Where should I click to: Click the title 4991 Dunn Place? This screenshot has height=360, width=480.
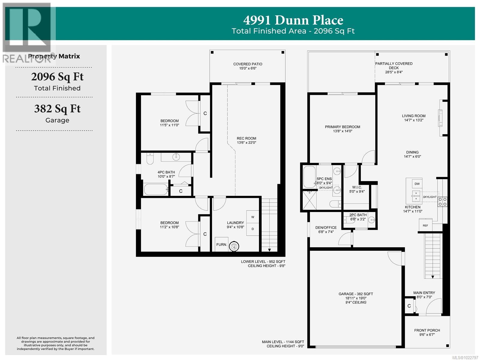(x=293, y=20)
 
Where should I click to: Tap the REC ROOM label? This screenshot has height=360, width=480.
(x=246, y=138)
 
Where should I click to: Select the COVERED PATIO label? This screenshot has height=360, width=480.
(x=248, y=64)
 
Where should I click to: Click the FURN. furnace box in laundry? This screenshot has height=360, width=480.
(x=221, y=244)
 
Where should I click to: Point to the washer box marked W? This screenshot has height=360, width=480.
(x=253, y=217)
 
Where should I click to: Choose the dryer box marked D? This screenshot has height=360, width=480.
(x=253, y=229)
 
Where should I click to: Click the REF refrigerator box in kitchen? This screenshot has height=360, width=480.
(x=425, y=225)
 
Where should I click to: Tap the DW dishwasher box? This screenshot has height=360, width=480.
(x=417, y=184)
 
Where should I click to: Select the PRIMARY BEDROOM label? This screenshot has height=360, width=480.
(x=342, y=127)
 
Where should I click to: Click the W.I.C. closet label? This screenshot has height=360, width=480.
(x=357, y=187)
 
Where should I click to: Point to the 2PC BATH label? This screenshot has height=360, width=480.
(x=358, y=215)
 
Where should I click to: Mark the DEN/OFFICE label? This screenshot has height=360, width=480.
(x=326, y=228)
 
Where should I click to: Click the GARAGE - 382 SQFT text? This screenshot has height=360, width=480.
(x=356, y=294)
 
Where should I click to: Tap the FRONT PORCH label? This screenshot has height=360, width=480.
(x=427, y=330)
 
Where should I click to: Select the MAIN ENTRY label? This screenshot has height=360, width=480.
(x=424, y=293)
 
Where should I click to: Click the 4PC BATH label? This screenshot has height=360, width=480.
(x=166, y=172)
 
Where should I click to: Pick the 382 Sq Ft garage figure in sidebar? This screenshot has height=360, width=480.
(x=57, y=109)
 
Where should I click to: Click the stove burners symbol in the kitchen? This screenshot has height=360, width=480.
(x=442, y=201)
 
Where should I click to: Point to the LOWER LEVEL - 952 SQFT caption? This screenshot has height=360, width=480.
(x=263, y=262)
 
